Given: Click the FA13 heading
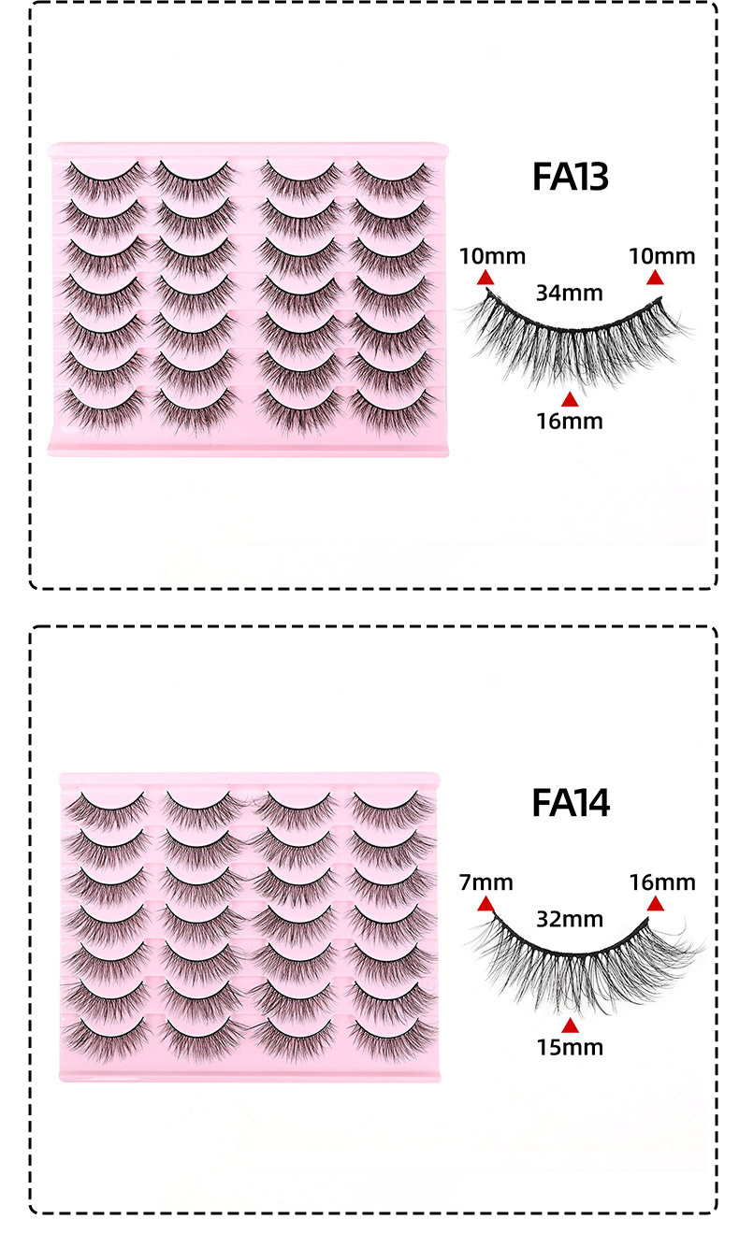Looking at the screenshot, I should pyautogui.click(x=570, y=177).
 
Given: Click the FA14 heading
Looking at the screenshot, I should pyautogui.click(x=570, y=803).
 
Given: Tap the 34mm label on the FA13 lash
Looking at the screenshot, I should pyautogui.click(x=568, y=293).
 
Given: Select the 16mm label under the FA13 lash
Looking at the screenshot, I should pyautogui.click(x=570, y=421).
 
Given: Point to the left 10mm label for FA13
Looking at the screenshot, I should pyautogui.click(x=492, y=256).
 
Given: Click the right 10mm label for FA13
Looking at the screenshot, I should pyautogui.click(x=661, y=256).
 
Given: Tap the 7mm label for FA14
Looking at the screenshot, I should pyautogui.click(x=486, y=882).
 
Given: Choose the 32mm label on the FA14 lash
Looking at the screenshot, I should pyautogui.click(x=569, y=918).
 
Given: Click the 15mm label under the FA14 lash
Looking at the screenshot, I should pyautogui.click(x=570, y=1047).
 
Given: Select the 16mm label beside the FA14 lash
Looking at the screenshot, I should pyautogui.click(x=661, y=882).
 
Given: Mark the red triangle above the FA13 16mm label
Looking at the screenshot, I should pyautogui.click(x=570, y=399).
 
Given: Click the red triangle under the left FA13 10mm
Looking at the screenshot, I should pyautogui.click(x=485, y=278).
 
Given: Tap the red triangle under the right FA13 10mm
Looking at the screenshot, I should pyautogui.click(x=656, y=278).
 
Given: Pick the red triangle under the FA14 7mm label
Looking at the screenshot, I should pyautogui.click(x=485, y=904).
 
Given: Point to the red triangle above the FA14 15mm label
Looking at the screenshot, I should pyautogui.click(x=570, y=1025).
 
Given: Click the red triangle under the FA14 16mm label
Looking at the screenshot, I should pyautogui.click(x=656, y=904).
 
